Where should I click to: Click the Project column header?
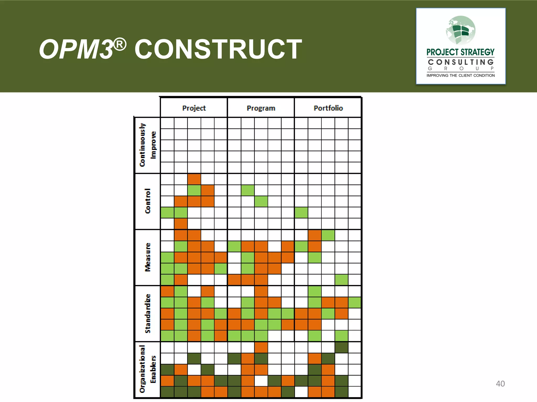tap(194, 108)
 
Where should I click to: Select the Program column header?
tap(261, 108)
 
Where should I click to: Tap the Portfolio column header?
tap(328, 108)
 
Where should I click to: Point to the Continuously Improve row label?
tap(147, 145)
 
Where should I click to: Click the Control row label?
tap(148, 201)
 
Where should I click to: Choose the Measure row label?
tap(148, 257)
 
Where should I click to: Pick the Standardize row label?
tap(148, 313)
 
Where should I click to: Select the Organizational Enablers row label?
tap(147, 369)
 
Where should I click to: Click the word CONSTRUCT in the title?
tap(218, 49)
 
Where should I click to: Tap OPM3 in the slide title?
tap(76, 49)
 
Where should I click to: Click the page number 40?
tap(500, 384)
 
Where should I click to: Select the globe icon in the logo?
tap(461, 30)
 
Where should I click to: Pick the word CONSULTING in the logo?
tap(461, 62)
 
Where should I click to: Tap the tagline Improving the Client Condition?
tap(461, 75)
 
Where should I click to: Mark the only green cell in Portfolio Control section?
tap(301, 213)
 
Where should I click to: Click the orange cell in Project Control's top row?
tap(194, 179)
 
